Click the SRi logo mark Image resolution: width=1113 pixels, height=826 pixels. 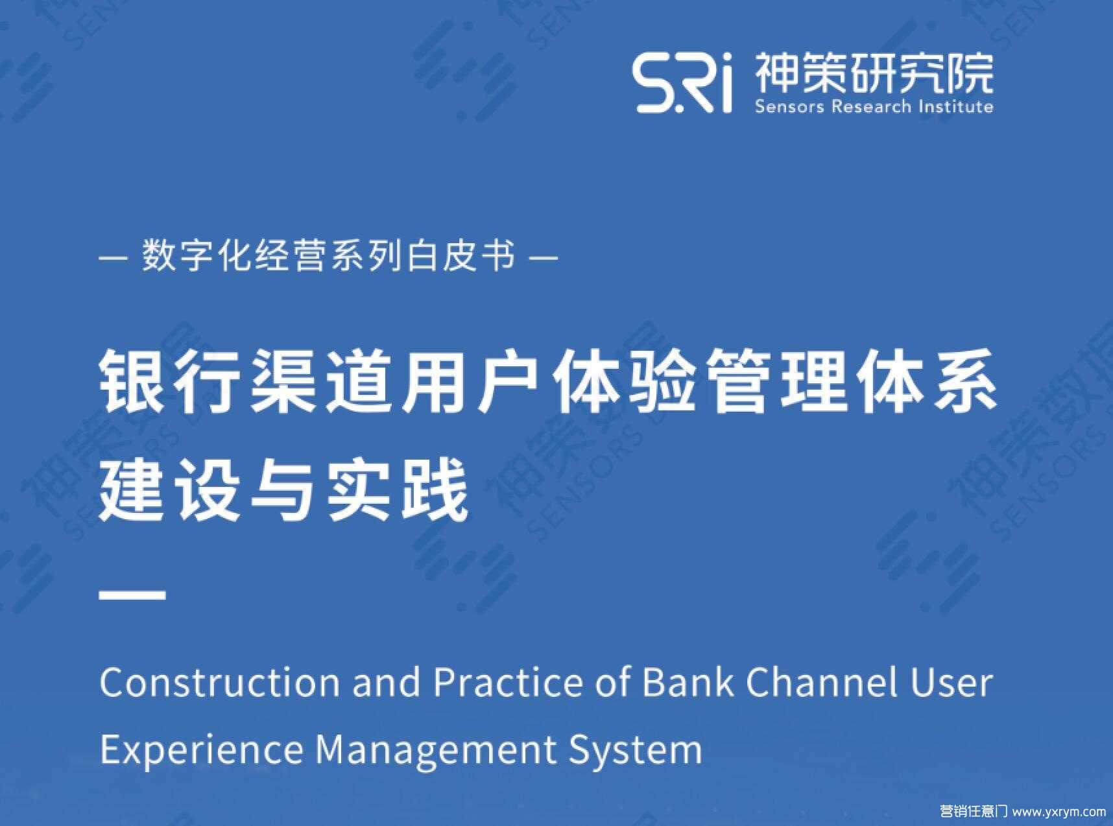click(683, 84)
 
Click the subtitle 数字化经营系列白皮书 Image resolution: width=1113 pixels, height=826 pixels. click(329, 256)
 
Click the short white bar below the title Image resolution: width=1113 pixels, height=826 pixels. click(133, 593)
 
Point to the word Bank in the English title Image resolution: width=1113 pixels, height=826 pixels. click(688, 682)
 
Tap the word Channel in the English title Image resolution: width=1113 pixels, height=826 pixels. click(822, 682)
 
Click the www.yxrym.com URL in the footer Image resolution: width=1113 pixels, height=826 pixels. click(1059, 811)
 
